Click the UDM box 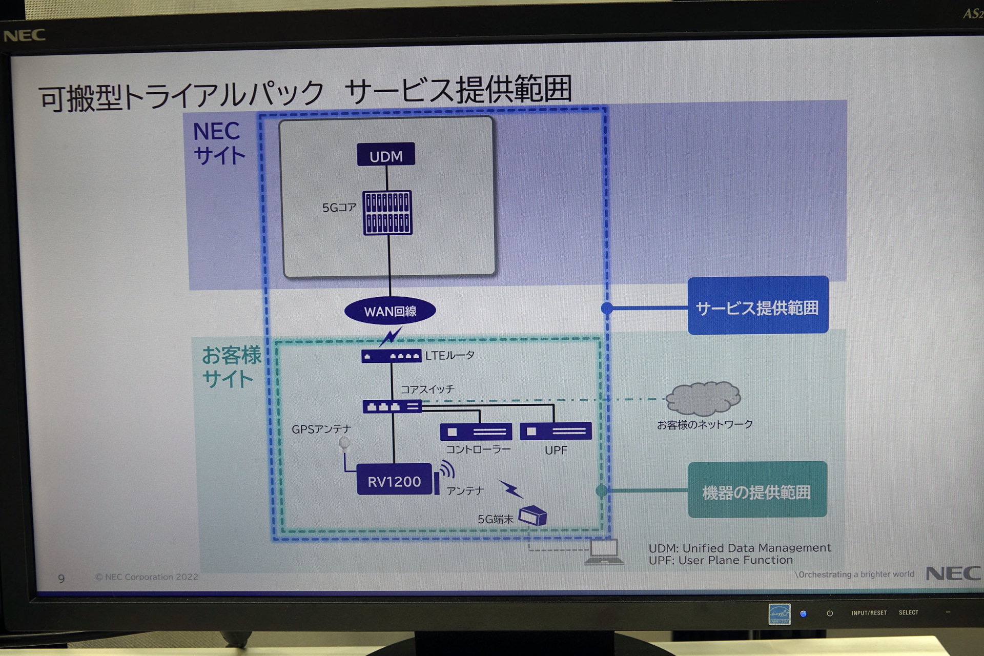(x=386, y=155)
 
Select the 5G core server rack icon (x=387, y=213)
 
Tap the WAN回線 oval (x=390, y=311)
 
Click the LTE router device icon (x=391, y=356)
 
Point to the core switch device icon (x=392, y=407)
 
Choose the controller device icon (x=476, y=432)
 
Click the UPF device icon (x=556, y=431)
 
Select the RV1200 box (x=394, y=480)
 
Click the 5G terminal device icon (x=533, y=516)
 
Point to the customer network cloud (x=703, y=398)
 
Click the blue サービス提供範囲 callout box (x=757, y=306)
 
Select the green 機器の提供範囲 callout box (x=757, y=490)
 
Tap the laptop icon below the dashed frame (x=604, y=551)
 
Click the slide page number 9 (x=61, y=579)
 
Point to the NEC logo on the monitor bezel (x=25, y=35)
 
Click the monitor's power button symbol (x=830, y=613)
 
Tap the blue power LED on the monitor (x=803, y=614)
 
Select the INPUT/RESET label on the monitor (x=869, y=613)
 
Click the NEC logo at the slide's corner (x=953, y=573)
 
